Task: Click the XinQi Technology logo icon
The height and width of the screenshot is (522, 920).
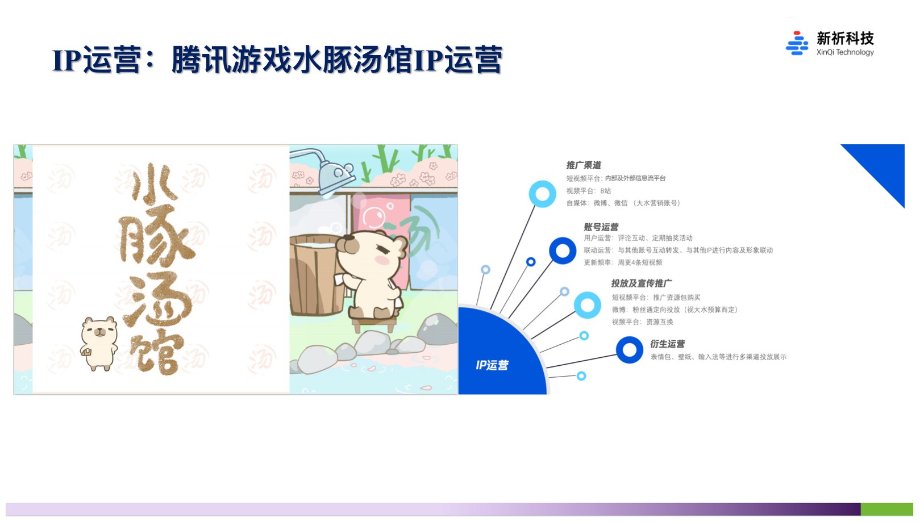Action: (x=796, y=43)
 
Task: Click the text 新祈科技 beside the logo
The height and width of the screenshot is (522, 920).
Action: (x=845, y=39)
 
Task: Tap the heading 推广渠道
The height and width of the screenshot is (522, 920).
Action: (x=584, y=165)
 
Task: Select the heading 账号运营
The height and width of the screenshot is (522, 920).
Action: (x=601, y=227)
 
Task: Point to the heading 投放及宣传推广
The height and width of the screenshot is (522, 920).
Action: (x=642, y=283)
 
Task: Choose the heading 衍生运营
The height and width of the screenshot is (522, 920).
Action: (x=667, y=344)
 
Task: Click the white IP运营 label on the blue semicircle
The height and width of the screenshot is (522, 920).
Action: (x=492, y=365)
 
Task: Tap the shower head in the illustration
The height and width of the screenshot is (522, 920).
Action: (x=336, y=177)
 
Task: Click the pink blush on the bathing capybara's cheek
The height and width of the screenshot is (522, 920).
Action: (x=382, y=260)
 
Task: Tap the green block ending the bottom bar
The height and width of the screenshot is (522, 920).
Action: (x=886, y=510)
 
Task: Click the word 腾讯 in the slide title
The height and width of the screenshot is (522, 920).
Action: (x=201, y=60)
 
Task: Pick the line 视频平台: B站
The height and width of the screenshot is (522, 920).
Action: (x=589, y=191)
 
